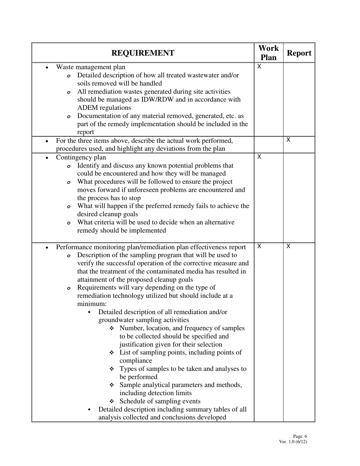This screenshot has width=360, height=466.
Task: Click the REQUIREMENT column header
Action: coord(143,53)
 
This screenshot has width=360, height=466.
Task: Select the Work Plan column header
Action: coord(268,53)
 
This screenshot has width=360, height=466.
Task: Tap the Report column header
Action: coord(299,53)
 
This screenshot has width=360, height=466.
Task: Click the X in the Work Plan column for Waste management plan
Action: coord(259,67)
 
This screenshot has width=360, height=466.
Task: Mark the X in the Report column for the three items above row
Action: coord(288,140)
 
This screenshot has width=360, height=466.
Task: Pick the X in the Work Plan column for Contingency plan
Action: coord(259,157)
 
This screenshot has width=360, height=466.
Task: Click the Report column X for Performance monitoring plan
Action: coord(288,247)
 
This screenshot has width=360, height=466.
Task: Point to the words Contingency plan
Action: coord(81,157)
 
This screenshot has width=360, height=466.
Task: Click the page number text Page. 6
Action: coord(300,436)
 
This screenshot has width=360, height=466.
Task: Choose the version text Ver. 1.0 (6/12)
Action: coord(293,442)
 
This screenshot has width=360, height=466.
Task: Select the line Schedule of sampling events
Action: coord(160,401)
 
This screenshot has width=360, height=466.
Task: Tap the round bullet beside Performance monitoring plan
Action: coord(47,248)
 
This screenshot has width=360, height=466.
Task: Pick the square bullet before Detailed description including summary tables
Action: coord(89,410)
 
